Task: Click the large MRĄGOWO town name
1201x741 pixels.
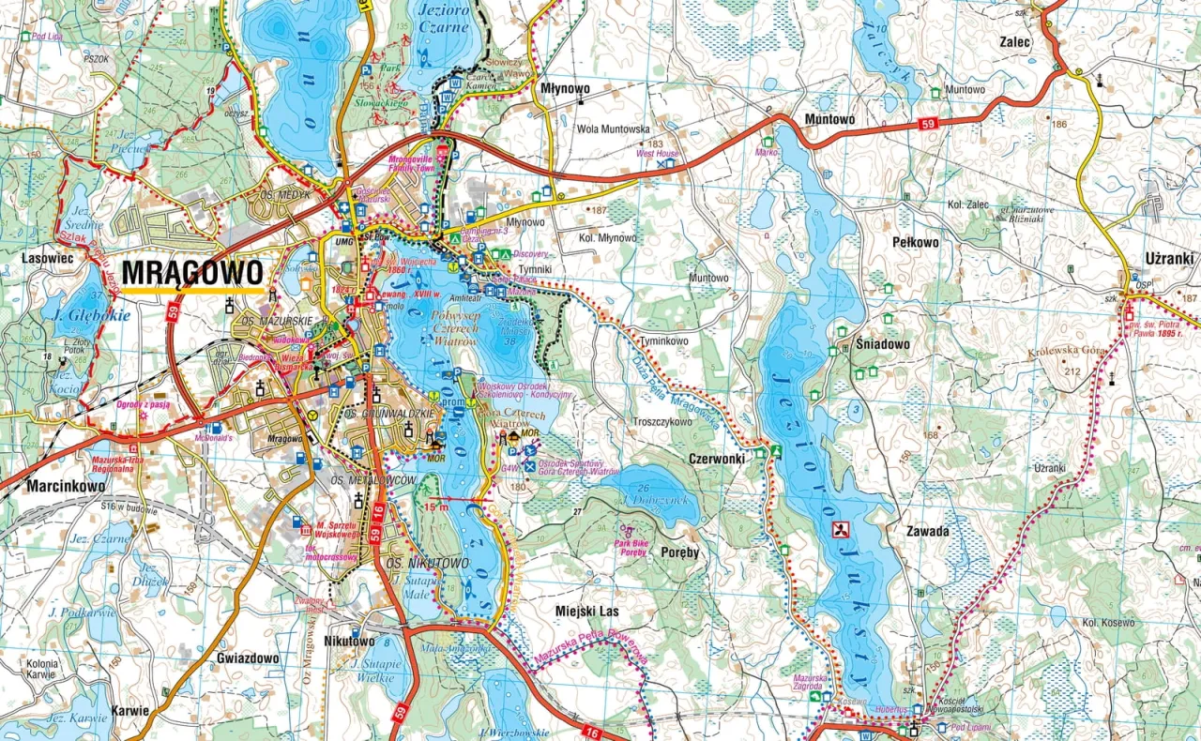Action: pos(191,272)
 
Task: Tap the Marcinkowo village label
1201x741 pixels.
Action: pos(66,486)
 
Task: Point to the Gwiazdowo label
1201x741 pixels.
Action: pos(247,658)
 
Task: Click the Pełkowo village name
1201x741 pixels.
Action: pos(915,242)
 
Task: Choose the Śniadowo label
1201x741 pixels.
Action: pos(882,344)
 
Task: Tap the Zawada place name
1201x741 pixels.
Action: pos(927,531)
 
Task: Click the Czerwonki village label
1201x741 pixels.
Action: pos(716,459)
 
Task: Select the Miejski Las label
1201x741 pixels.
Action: pos(587,611)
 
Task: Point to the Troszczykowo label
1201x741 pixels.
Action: pos(662,421)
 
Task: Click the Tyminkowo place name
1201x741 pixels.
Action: pos(663,341)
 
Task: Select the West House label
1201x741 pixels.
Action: pos(657,153)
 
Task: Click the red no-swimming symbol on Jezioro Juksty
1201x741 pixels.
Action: pos(842,530)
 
